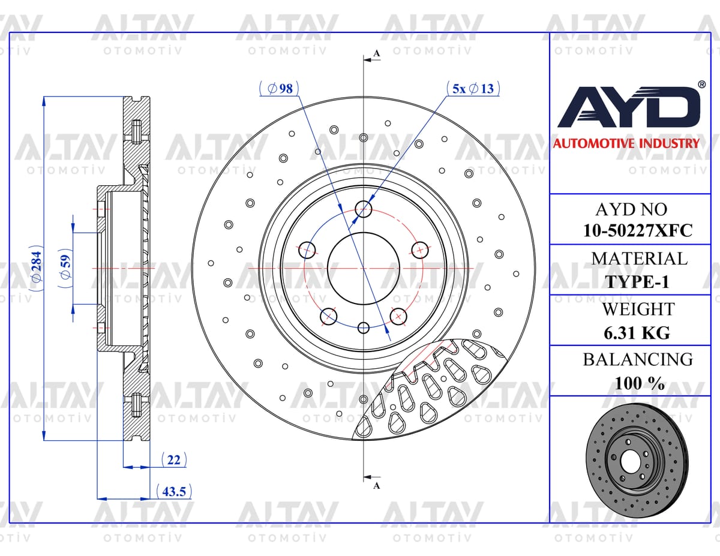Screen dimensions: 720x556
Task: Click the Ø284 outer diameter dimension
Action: pos(37,268)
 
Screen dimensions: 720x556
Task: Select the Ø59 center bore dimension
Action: pos(65,268)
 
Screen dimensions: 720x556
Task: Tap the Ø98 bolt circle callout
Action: pos(280,88)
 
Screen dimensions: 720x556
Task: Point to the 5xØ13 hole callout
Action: pos(473,88)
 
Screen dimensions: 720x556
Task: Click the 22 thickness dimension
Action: pos(173,459)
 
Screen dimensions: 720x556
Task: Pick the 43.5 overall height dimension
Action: pos(174,491)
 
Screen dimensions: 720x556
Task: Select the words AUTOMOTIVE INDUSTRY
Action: pos(626,143)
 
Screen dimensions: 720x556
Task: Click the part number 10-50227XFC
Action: pos(637,230)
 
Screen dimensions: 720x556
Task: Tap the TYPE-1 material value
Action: pos(637,282)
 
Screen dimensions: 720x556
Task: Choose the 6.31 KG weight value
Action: pos(637,333)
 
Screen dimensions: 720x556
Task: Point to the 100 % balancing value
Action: pos(640,383)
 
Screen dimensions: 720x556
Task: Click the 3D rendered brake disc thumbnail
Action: pos(637,461)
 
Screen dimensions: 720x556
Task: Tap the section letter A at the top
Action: pos(376,53)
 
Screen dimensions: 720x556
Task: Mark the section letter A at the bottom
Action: pos(376,486)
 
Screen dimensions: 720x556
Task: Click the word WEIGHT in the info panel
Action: pos(638,309)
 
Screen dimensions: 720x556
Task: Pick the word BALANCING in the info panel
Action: pos(638,359)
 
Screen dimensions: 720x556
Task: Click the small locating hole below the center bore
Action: pos(364,328)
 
